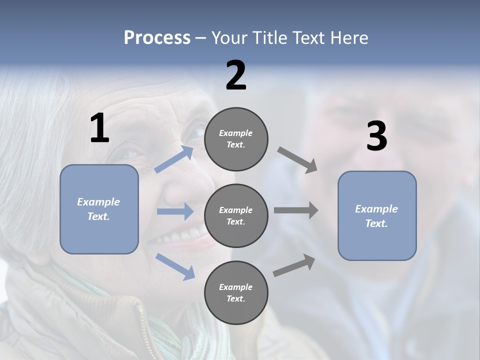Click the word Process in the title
pos(157,38)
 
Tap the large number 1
pos(99,128)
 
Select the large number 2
pos(236,75)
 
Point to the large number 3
pos(376,136)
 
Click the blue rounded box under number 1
pos(99,209)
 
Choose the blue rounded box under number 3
pos(377,215)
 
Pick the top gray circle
pos(236,139)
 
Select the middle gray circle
pos(236,215)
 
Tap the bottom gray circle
pos(236,292)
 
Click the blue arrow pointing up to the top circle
pos(174,159)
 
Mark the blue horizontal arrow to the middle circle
pos(175,211)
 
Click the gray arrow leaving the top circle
pos(297,160)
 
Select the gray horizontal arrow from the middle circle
pos(296,210)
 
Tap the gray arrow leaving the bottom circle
pos(294,265)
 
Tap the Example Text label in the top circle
pos(236,139)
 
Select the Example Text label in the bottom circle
pos(236,292)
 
